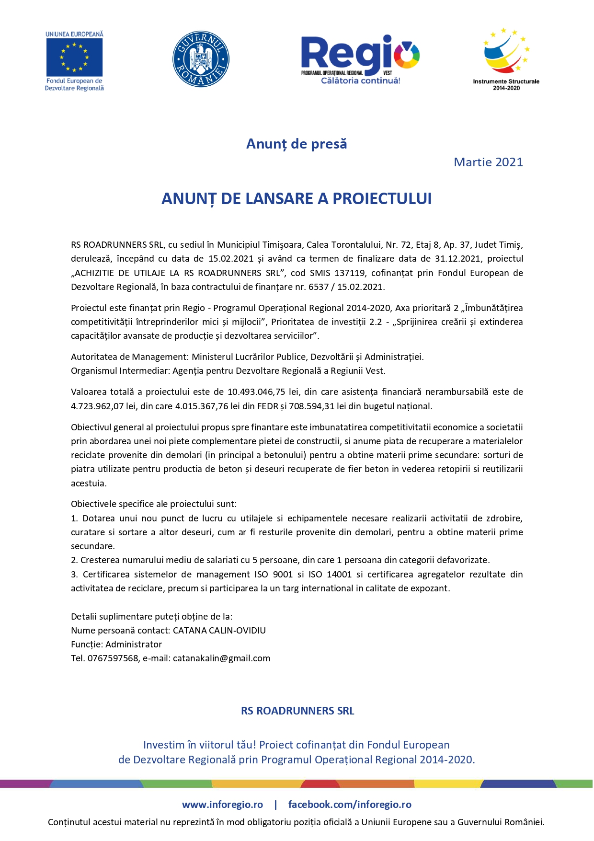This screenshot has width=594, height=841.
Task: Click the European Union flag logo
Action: pyautogui.click(x=74, y=57)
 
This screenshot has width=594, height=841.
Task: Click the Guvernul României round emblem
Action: pyautogui.click(x=201, y=59)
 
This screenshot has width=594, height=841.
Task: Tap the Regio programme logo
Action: pyautogui.click(x=360, y=59)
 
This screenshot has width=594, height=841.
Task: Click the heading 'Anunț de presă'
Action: pyautogui.click(x=297, y=144)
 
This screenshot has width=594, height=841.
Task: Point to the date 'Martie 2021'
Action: pyautogui.click(x=488, y=162)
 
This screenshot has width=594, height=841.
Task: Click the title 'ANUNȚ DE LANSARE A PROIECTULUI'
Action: pyautogui.click(x=297, y=198)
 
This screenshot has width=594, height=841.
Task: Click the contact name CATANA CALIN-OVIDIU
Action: pyautogui.click(x=219, y=630)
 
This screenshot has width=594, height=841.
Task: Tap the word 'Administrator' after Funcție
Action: pyautogui.click(x=134, y=644)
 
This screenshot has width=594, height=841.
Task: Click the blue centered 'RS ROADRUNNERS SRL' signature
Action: pyautogui.click(x=297, y=711)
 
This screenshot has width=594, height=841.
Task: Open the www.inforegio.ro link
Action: pyautogui.click(x=222, y=805)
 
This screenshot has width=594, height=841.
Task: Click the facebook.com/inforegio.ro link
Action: pyautogui.click(x=350, y=805)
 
